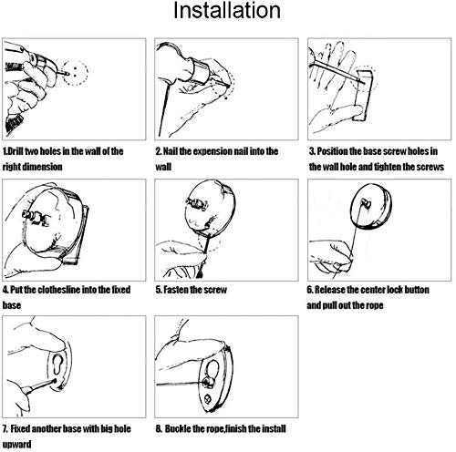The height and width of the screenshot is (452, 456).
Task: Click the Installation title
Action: tap(227, 11)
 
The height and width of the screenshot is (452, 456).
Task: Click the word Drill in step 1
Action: tap(16, 151)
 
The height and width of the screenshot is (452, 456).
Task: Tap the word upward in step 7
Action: tap(17, 445)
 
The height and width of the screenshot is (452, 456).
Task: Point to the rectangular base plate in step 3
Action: tap(363, 96)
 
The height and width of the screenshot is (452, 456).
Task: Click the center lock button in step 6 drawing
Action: tap(365, 203)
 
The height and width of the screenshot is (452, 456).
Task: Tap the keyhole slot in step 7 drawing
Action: tap(57, 365)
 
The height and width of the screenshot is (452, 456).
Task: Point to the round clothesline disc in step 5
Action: tap(210, 209)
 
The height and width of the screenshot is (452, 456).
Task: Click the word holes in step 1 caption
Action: tap(50, 151)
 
